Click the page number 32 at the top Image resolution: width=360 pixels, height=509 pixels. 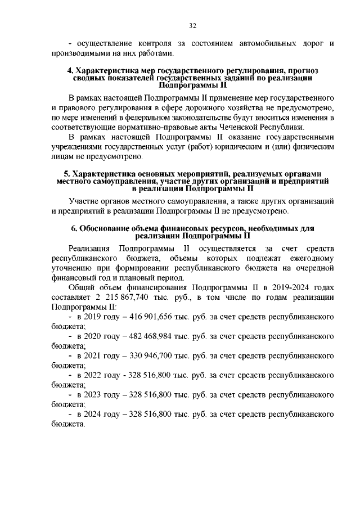pyautogui.click(x=192, y=26)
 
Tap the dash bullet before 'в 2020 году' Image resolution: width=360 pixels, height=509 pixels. pyautogui.click(x=70, y=337)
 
